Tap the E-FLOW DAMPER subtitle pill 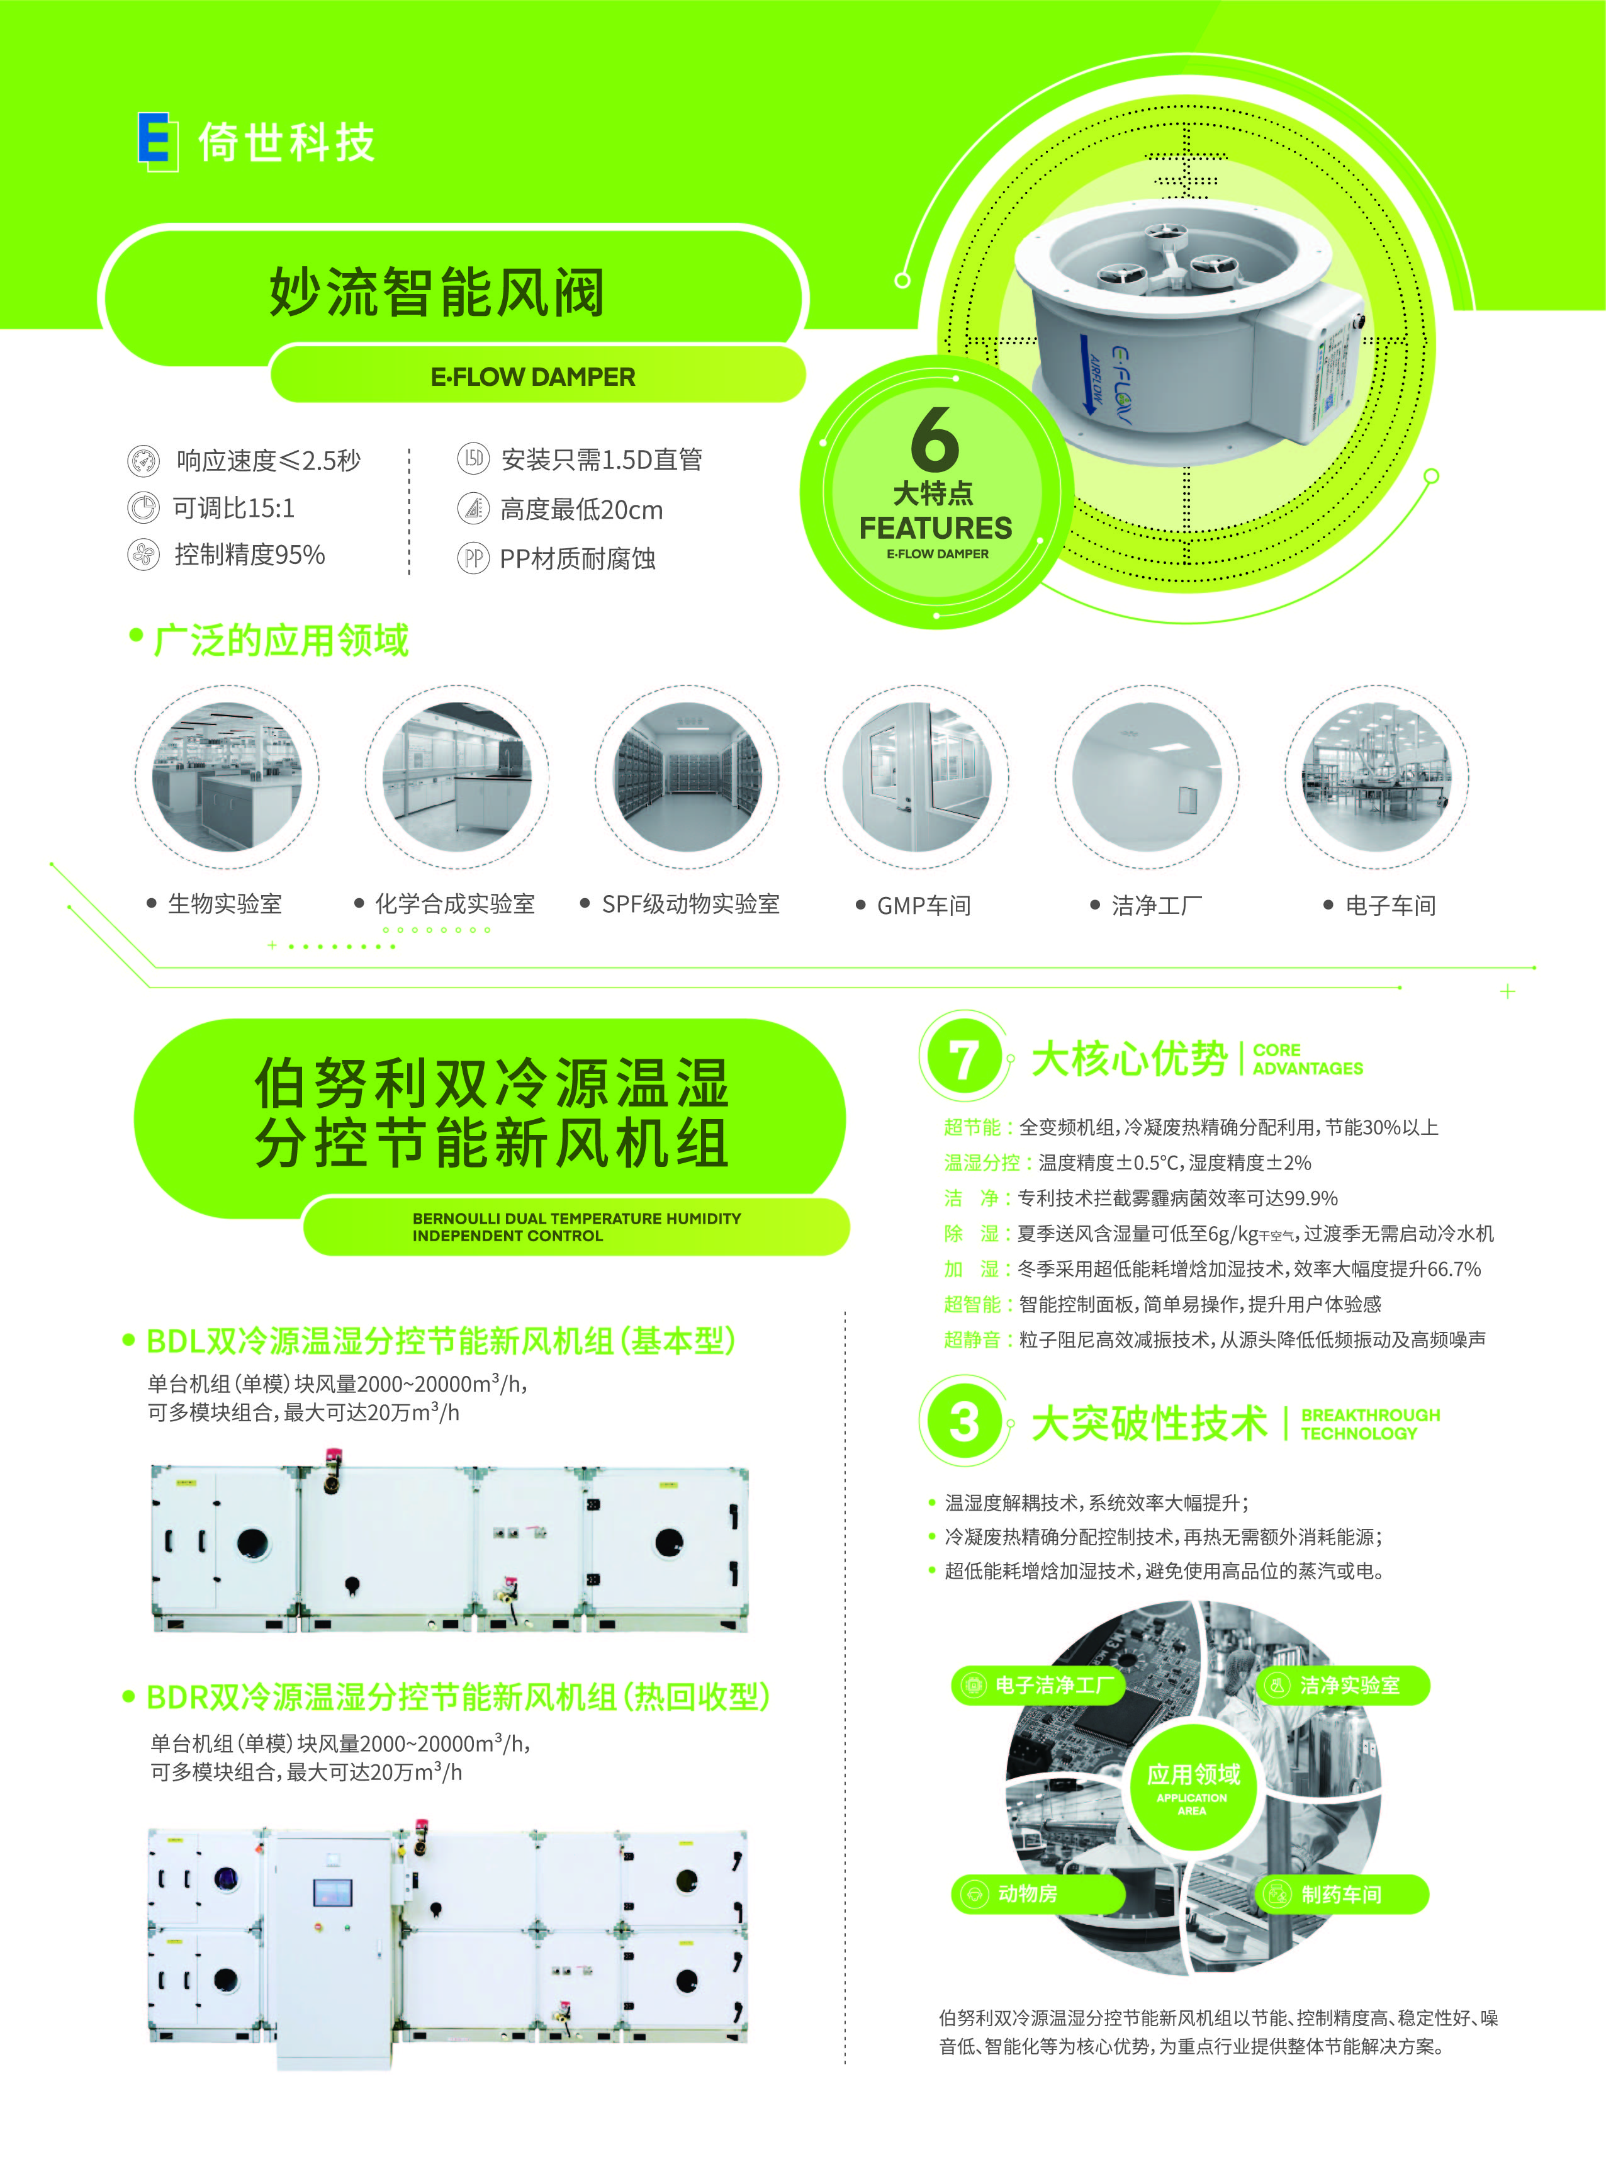point(533,377)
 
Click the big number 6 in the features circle point(935,439)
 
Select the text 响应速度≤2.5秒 point(267,460)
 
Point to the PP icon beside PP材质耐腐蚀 point(473,558)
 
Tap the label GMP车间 point(924,905)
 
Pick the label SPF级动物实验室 point(690,904)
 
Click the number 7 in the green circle point(962,1059)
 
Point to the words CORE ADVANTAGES point(1308,1059)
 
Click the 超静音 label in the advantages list point(971,1339)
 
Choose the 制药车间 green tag point(1342,1894)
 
